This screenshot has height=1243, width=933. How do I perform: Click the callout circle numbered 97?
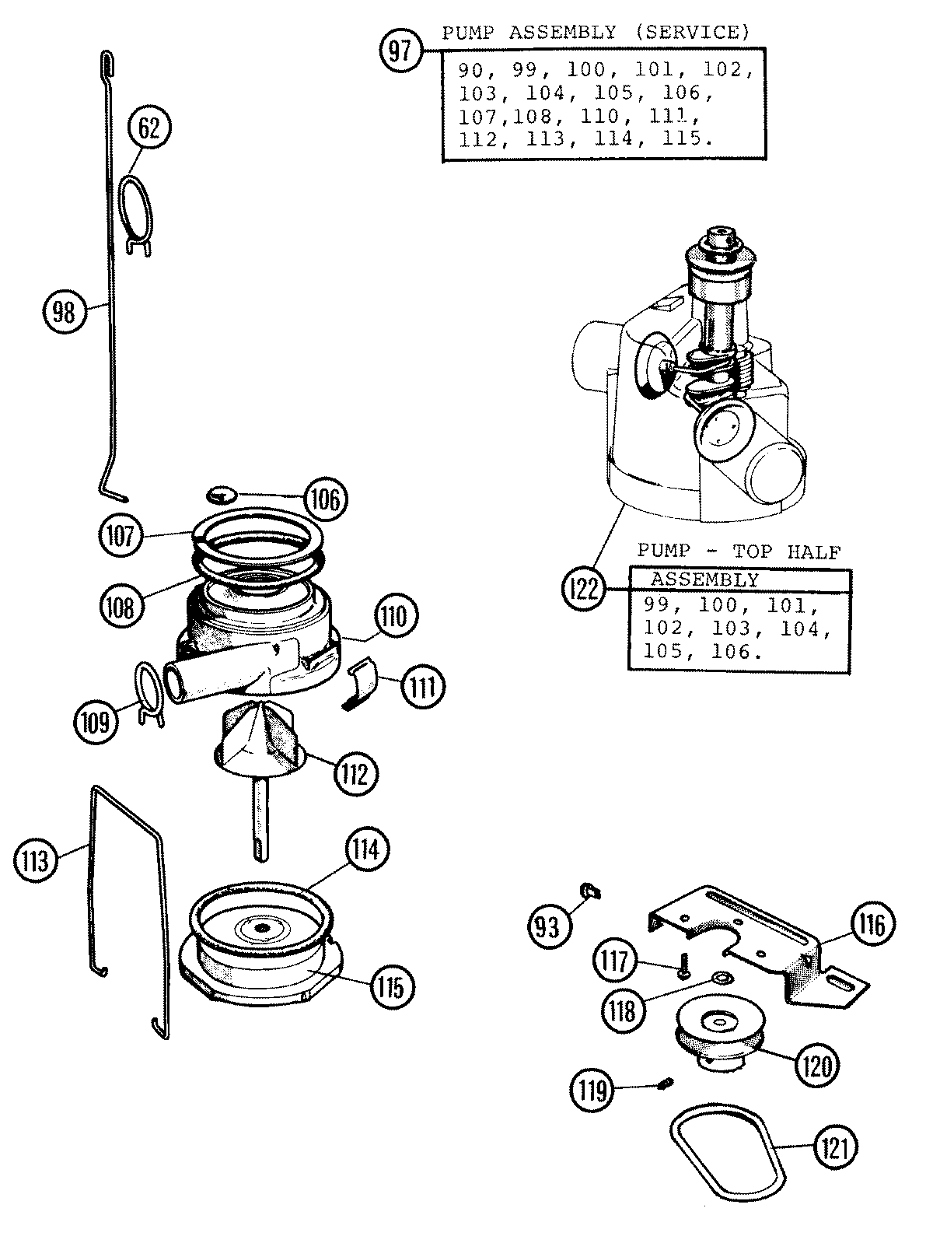pyautogui.click(x=399, y=52)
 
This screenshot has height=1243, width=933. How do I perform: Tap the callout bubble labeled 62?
pyautogui.click(x=149, y=128)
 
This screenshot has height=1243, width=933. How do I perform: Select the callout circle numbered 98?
pyautogui.click(x=63, y=312)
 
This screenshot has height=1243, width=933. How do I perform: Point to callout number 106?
pyautogui.click(x=324, y=499)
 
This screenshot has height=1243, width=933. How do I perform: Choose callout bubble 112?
pyautogui.click(x=356, y=774)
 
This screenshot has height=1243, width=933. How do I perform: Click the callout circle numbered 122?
pyautogui.click(x=583, y=588)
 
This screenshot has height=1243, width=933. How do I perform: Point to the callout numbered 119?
pyautogui.click(x=592, y=1090)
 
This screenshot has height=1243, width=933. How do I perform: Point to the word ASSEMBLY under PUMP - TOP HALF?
pyautogui.click(x=704, y=579)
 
